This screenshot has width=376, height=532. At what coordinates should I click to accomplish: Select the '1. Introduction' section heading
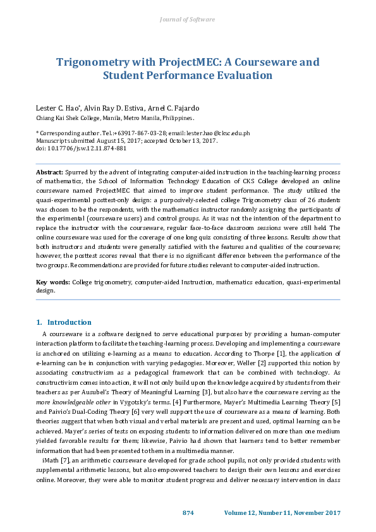[60, 322]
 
